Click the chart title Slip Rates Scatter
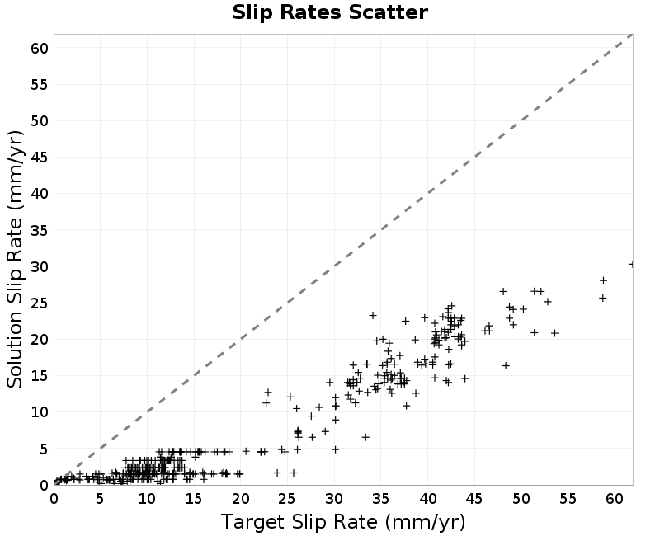point(330,12)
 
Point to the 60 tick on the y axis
point(40,49)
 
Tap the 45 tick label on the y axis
point(40,158)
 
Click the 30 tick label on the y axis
point(40,266)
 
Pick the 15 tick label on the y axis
point(40,376)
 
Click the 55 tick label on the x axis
point(568,499)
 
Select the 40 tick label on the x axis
point(427,499)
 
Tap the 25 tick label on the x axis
point(287,499)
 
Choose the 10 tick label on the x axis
point(148,499)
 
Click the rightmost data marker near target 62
point(632,264)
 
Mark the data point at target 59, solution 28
point(603,280)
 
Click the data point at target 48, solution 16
point(506,365)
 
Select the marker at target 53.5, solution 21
point(554,333)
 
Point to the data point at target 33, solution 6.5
point(365,437)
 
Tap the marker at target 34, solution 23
point(373,315)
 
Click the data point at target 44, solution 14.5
point(464,378)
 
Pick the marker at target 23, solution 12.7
point(267,393)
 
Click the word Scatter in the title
point(388,12)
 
